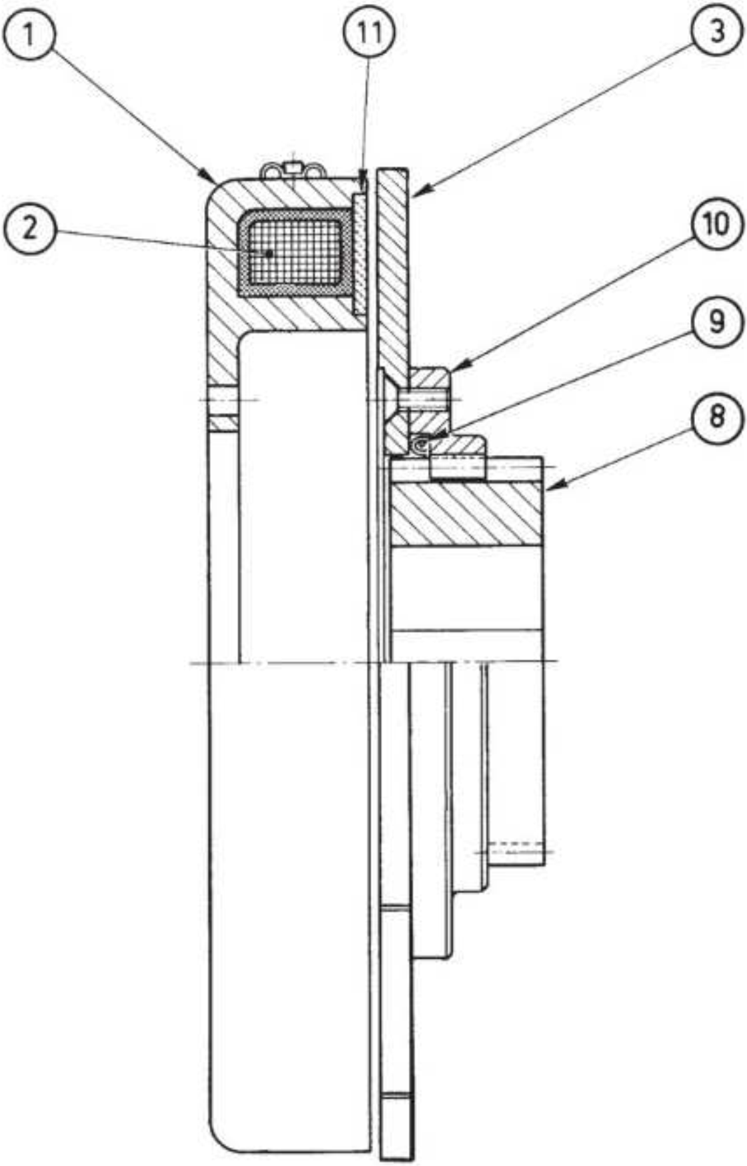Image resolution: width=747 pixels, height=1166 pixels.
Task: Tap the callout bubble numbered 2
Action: (x=28, y=228)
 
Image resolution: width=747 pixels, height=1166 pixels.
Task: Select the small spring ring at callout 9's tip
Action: (x=421, y=444)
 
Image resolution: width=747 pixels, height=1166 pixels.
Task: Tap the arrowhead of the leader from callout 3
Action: (x=417, y=193)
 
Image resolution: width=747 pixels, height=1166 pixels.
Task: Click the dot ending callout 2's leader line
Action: (x=268, y=253)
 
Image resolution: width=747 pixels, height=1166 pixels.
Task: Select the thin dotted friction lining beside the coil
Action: (x=359, y=253)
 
